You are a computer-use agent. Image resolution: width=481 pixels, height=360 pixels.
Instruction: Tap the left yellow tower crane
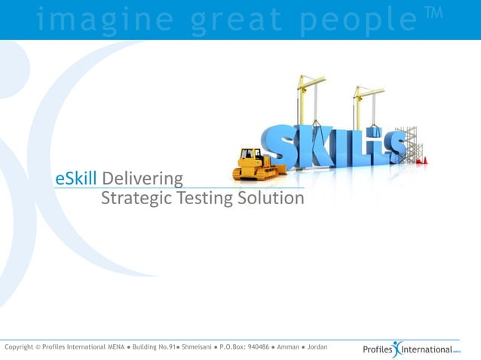point(310,98)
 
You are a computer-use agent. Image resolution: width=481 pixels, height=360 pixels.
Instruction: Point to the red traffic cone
point(424,160)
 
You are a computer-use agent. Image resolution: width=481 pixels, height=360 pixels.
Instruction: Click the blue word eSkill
point(77,179)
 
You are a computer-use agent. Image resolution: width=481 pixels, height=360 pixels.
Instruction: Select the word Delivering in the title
point(142,180)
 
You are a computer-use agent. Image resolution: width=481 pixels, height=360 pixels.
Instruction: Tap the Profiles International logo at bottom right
point(411,349)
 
